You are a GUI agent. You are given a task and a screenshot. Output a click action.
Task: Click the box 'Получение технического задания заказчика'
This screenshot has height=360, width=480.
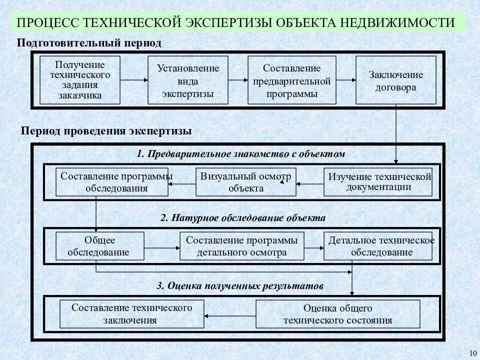80,80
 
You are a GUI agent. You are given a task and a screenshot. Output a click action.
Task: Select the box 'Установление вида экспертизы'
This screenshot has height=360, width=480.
188,80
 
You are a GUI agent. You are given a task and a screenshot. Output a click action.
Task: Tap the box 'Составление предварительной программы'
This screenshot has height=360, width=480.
292,80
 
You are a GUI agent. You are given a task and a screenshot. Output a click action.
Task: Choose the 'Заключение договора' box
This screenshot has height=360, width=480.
396,80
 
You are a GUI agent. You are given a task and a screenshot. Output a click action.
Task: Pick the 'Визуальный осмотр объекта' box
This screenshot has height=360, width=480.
245,182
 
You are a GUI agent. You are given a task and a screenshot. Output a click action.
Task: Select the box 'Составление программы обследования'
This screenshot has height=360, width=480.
111,182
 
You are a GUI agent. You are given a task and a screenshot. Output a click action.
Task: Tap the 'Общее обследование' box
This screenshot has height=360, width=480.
99,246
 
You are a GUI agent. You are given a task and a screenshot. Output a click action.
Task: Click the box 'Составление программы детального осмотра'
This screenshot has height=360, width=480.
241,246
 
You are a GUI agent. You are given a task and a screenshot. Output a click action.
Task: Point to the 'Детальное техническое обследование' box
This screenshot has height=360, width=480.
378,246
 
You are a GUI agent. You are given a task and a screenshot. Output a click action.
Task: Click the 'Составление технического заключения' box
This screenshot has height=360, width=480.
131,314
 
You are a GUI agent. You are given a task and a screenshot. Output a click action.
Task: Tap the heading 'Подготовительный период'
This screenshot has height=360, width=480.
89,43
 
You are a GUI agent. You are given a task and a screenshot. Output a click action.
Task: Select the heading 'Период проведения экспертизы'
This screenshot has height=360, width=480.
106,131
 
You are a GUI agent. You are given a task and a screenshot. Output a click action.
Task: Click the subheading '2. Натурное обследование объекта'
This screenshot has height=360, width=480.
243,218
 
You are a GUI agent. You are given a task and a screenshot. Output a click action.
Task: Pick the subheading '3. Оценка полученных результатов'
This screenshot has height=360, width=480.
240,286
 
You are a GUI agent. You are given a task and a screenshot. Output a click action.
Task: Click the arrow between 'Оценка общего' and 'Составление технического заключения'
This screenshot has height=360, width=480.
230,315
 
